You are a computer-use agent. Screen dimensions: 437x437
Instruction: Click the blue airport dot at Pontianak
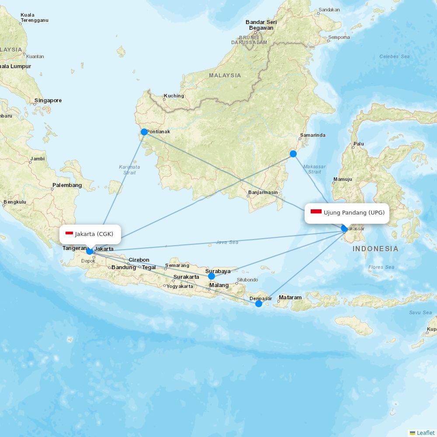pyautogui.click(x=144, y=132)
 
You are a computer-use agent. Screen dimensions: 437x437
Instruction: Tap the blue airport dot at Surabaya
pyautogui.click(x=212, y=276)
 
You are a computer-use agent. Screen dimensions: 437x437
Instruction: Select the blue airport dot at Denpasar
pyautogui.click(x=258, y=304)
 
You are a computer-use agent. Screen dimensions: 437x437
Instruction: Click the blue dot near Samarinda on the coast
pyautogui.click(x=293, y=154)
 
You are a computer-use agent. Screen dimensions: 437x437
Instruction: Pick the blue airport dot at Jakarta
pyautogui.click(x=90, y=251)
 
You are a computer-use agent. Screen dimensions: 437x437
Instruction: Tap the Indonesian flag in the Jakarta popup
pyautogui.click(x=69, y=234)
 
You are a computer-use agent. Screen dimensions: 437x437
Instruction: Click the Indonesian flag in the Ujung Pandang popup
pyautogui.click(x=316, y=212)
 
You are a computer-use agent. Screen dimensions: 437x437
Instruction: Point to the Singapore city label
pyautogui.click(x=48, y=101)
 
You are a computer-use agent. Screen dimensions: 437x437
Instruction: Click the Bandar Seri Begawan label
pyautogui.click(x=261, y=25)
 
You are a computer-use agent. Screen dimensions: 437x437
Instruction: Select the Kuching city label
pyautogui.click(x=174, y=96)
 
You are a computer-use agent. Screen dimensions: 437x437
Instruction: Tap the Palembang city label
pyautogui.click(x=67, y=185)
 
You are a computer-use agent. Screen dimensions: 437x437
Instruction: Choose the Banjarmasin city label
pyautogui.click(x=263, y=192)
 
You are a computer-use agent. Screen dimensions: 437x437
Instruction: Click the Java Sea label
pyautogui.click(x=227, y=242)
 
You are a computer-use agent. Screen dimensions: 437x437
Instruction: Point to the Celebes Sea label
pyautogui.click(x=394, y=56)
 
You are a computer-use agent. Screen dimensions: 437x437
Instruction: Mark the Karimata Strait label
pyautogui.click(x=129, y=170)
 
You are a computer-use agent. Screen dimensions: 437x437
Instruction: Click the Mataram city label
pyautogui.click(x=290, y=298)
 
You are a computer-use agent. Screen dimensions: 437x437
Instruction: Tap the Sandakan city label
pyautogui.click(x=329, y=10)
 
